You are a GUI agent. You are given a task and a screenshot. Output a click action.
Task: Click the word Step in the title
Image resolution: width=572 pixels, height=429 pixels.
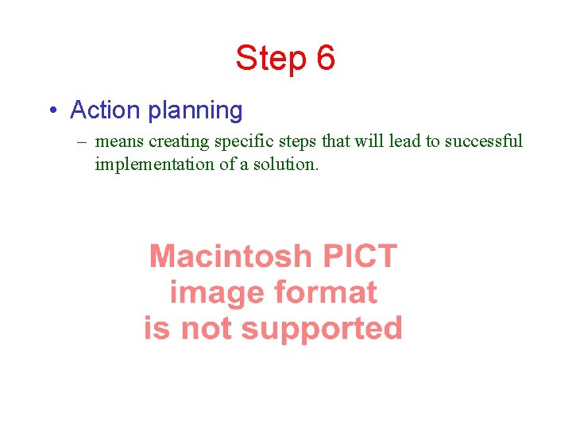click(270, 59)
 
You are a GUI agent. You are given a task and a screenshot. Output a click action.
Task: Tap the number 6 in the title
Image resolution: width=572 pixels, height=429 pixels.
click(326, 59)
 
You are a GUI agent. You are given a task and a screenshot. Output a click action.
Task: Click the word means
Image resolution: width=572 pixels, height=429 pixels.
click(120, 142)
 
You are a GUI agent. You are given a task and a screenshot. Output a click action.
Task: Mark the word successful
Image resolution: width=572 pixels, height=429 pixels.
click(483, 141)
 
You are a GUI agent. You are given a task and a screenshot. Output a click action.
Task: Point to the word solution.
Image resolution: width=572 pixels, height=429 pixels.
click(285, 164)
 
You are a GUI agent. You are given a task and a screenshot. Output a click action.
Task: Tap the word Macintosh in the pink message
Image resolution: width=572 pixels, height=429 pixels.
click(230, 257)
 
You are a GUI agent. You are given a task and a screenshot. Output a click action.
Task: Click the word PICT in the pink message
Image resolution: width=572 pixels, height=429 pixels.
click(359, 257)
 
